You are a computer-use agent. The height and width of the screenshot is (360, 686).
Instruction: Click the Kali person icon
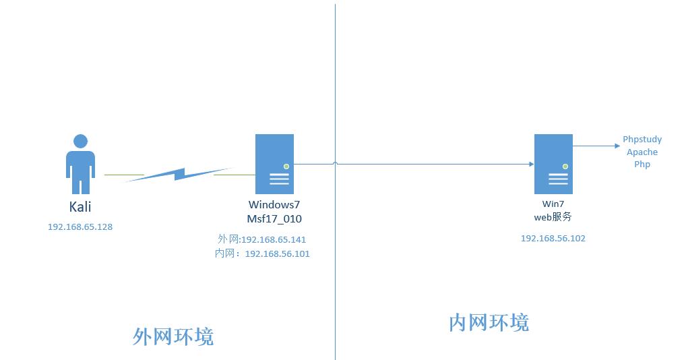pos(80,164)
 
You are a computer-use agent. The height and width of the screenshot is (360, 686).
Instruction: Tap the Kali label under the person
pos(80,207)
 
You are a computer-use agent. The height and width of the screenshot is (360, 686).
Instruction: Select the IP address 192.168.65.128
pos(80,227)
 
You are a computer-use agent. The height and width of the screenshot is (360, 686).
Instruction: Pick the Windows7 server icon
pos(274,164)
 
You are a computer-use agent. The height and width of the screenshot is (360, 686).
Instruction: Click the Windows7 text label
pos(274,205)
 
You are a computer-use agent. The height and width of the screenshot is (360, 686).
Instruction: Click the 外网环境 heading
pos(173,336)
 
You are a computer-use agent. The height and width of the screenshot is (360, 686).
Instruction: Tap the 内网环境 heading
pos(489,322)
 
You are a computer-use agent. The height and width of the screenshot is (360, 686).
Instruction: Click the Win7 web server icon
pos(553,164)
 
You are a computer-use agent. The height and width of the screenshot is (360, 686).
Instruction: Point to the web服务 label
pos(553,216)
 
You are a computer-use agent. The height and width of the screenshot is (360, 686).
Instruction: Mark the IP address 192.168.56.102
pos(553,238)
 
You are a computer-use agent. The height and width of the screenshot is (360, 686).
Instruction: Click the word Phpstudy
pos(642,140)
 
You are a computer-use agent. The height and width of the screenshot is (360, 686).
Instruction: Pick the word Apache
pos(642,152)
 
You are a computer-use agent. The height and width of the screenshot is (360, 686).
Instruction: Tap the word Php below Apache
pos(642,164)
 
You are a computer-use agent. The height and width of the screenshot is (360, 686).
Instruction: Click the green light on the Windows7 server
pos(286,166)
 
